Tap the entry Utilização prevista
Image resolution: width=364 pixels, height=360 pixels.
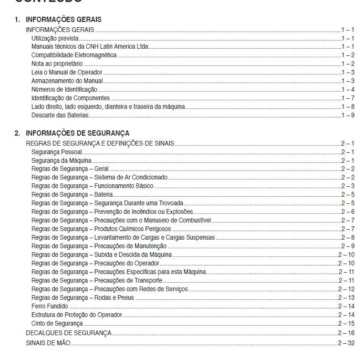tap(55, 38)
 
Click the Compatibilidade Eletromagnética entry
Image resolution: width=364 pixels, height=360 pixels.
tap(73, 55)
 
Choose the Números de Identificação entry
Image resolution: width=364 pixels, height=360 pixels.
tap(64, 90)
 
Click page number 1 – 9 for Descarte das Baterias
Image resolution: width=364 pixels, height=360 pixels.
tap(348, 116)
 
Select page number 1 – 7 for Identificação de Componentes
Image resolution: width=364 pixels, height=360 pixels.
tap(348, 98)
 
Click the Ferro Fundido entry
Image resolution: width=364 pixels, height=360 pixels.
tap(50, 307)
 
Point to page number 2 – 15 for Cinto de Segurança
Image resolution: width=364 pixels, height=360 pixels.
tap(346, 324)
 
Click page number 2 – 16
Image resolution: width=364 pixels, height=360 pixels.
tap(346, 333)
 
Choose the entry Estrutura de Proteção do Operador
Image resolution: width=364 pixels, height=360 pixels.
tap(77, 315)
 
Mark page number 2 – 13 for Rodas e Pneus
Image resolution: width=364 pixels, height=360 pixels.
tap(346, 298)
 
